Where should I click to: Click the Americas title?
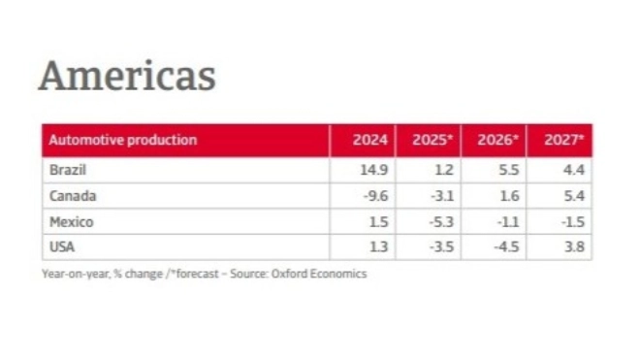pos(126,76)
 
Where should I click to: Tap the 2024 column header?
pos(369,140)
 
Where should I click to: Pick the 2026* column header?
pos(497,140)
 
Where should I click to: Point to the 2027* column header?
pos(563,140)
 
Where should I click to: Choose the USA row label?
pos(59,247)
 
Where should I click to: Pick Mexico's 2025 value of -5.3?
pos(441,222)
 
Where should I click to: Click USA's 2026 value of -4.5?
pos(508,247)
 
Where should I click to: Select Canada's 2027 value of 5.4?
pos(573,196)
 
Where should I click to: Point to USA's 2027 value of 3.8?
pos(573,247)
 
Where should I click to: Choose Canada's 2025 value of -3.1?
pos(441,196)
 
